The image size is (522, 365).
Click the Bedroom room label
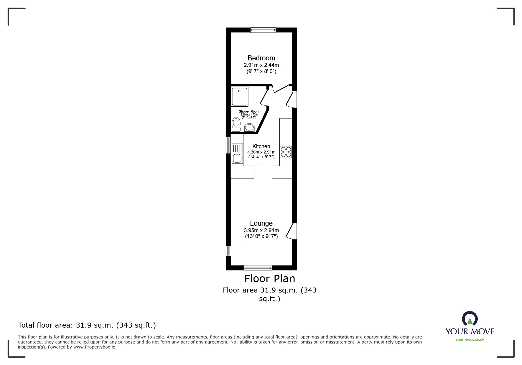pos(261,58)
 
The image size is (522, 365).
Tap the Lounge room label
pos(261,223)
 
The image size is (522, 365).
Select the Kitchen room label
pos(261,146)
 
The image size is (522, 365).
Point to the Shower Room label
pos(249,111)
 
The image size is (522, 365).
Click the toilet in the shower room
pos(236,124)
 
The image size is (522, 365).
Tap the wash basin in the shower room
pos(250,127)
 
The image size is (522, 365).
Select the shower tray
pos(240,97)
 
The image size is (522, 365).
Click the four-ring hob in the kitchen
pos(286,152)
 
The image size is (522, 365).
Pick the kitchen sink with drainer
pos(237,153)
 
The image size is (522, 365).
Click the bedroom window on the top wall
pos(263,30)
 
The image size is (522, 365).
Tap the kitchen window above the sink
pos(228,145)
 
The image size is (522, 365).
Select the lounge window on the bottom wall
pos(258,267)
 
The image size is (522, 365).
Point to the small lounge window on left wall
pos(228,251)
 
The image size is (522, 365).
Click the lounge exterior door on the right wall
pos(292,231)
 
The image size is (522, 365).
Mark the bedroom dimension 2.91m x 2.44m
pos(261,65)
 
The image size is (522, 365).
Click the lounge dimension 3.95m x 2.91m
pos(261,230)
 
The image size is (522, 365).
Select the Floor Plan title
pos(270,279)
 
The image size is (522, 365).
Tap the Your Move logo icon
pos(470,318)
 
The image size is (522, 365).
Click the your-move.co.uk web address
pos(470,340)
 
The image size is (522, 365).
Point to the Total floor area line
pos(87,325)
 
